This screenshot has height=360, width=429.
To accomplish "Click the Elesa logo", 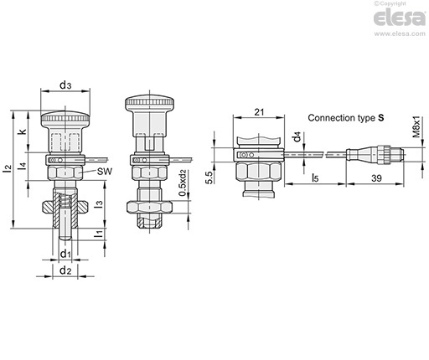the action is point(400,18).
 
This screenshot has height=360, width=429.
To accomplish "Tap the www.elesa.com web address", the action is point(400,33).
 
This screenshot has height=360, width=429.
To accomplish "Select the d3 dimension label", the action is point(65,85).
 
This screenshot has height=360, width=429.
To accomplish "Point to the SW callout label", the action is point(105,171).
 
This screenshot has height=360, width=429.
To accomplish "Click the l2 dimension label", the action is point(8,168).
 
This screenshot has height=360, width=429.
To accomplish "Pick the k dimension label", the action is point(23,131).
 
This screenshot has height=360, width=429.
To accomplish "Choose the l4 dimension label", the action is point(23,166).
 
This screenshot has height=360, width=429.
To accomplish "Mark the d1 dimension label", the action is point(65,254).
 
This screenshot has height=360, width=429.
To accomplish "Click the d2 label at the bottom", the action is point(65,270).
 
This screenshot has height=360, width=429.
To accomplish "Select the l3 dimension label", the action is point(99,203).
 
